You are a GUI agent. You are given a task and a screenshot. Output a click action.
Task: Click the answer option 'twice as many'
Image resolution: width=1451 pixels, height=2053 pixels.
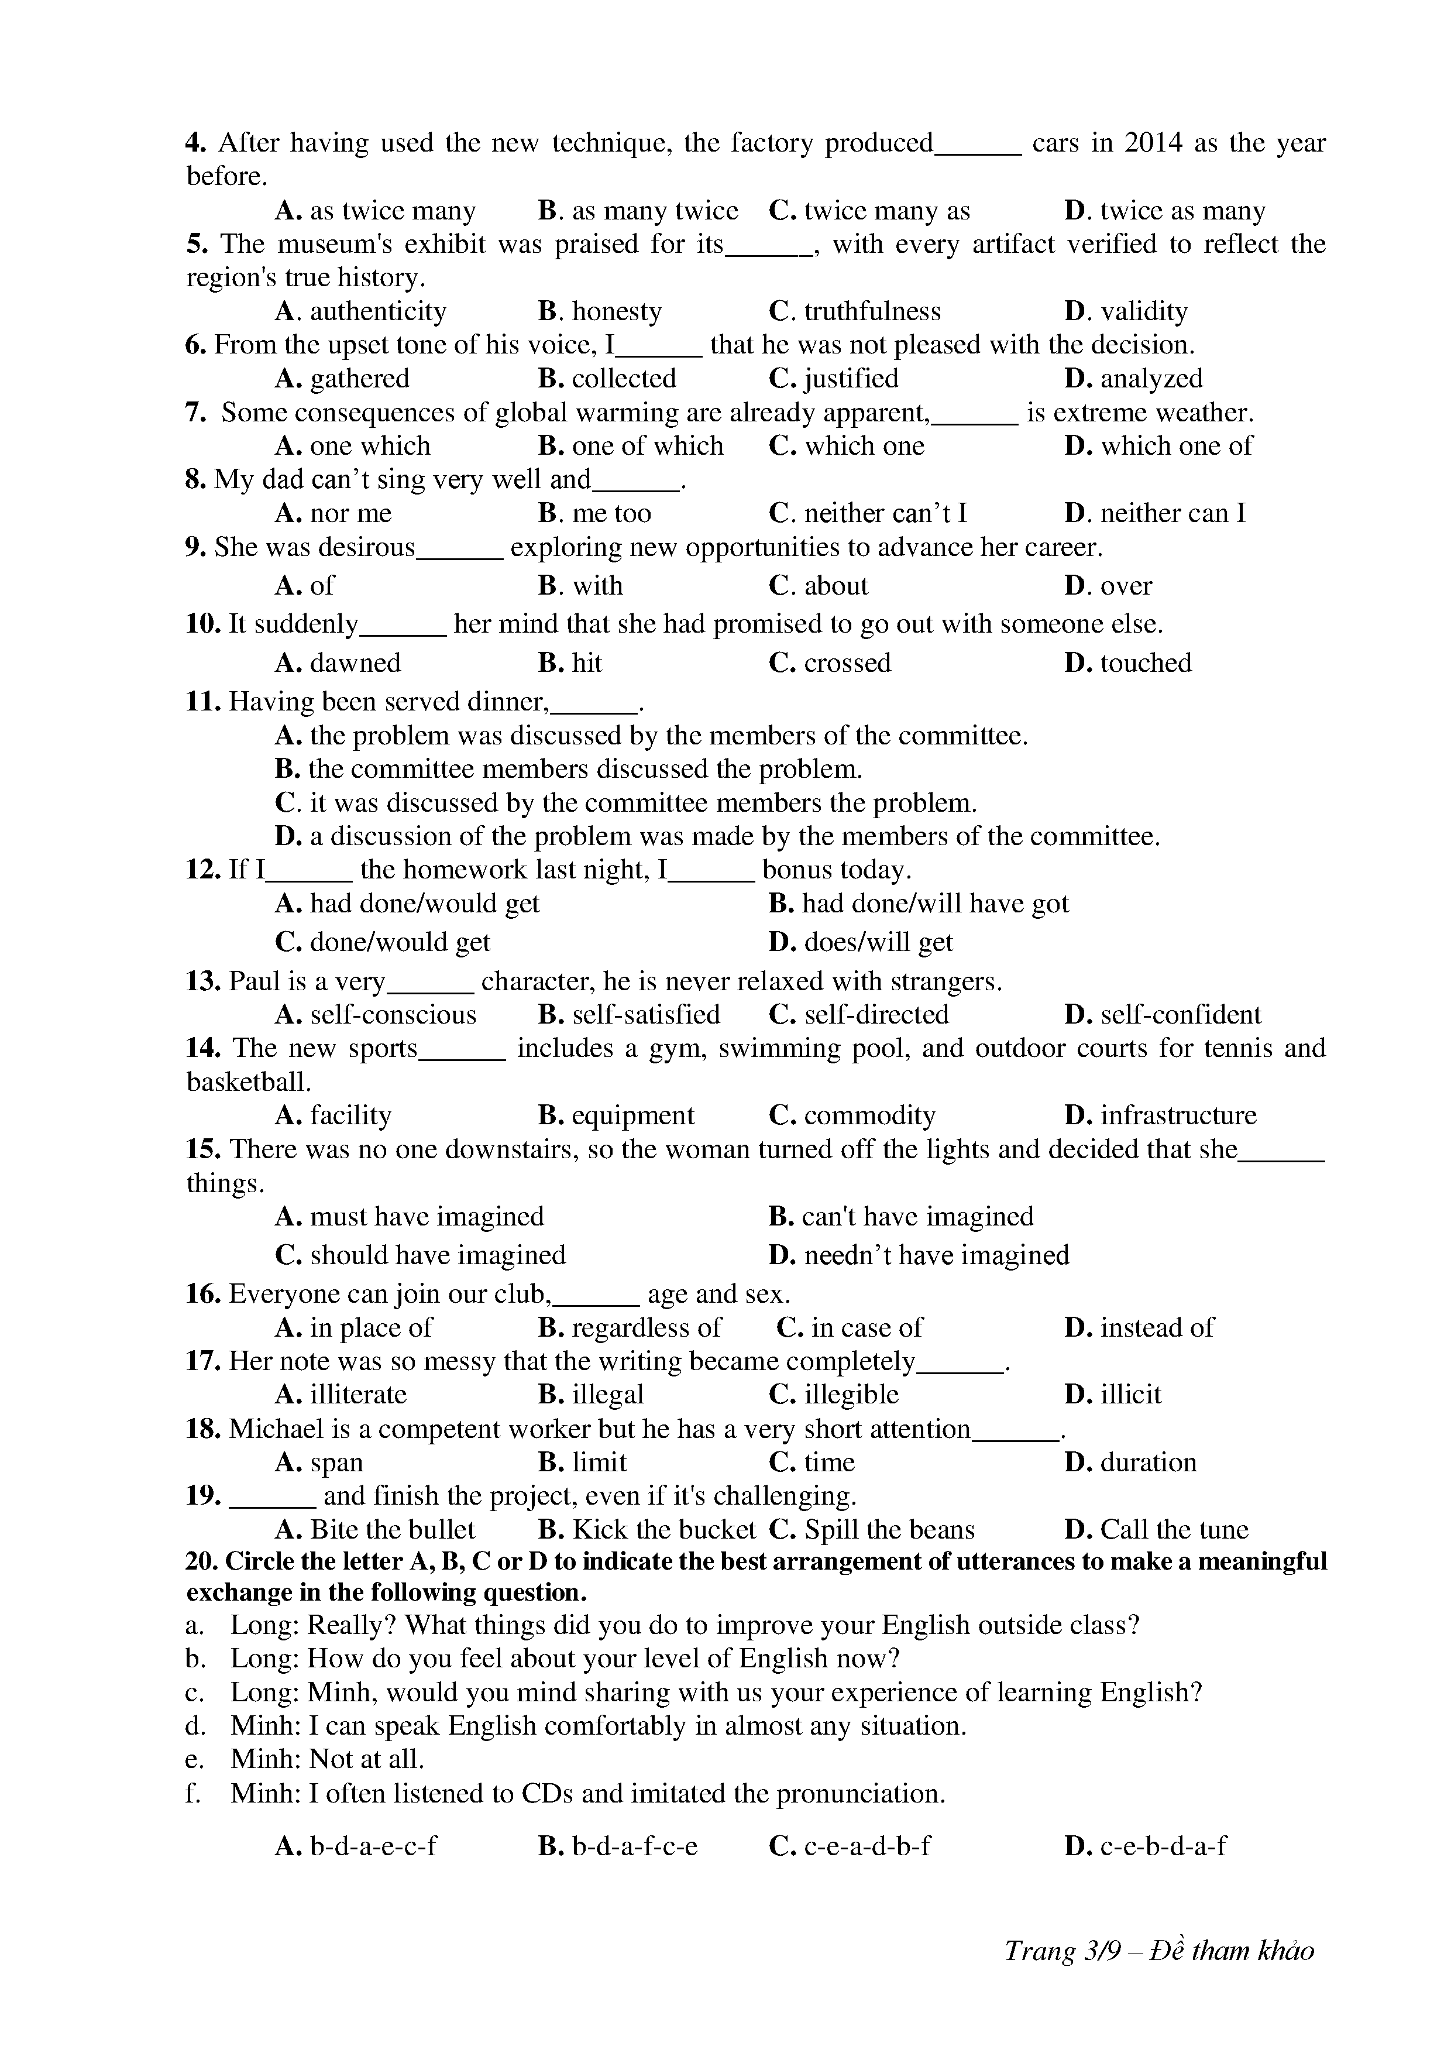1182,211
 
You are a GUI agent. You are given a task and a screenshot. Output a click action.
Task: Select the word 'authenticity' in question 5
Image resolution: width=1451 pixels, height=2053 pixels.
377,311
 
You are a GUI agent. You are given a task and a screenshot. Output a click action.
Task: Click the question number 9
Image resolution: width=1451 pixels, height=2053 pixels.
196,547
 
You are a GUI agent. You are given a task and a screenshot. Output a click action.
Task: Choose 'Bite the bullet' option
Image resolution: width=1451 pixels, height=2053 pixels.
391,1529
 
